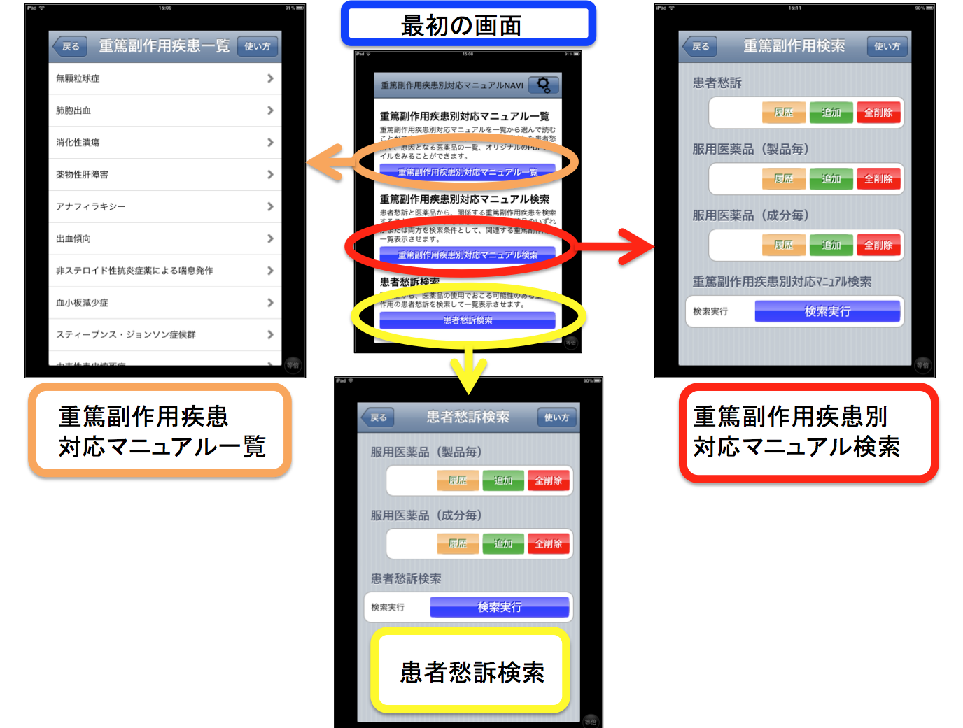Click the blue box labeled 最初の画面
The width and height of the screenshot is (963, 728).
pos(468,25)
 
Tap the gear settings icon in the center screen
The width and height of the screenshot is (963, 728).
pos(543,85)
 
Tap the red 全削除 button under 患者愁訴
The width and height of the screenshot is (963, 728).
pos(878,113)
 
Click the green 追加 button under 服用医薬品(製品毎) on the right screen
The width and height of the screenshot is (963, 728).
pos(831,179)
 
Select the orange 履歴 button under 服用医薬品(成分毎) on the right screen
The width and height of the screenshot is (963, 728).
pos(784,245)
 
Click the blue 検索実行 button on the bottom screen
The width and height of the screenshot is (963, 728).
pos(499,607)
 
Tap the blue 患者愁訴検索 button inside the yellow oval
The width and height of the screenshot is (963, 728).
pos(468,320)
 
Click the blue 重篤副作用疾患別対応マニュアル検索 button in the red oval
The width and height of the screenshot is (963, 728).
pos(468,255)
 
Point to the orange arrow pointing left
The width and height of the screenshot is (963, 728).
pos(325,162)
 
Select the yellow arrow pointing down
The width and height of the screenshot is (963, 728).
pos(468,371)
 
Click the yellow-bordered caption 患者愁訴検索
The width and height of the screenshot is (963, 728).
pos(471,671)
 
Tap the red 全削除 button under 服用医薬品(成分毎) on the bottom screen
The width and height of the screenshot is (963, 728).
pos(548,543)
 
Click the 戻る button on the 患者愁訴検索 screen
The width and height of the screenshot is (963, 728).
pos(378,417)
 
